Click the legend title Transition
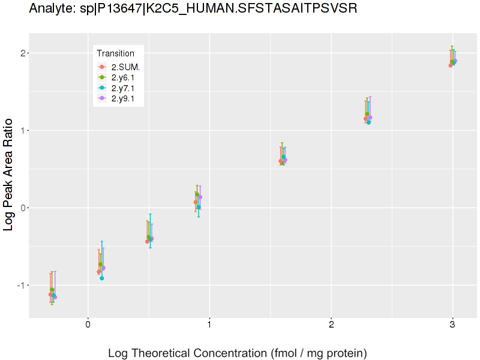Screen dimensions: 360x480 (x=116, y=53)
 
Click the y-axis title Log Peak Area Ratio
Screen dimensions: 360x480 (x=9, y=174)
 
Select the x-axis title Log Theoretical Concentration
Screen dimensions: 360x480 (x=237, y=353)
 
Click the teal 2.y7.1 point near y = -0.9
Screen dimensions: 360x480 (x=102, y=278)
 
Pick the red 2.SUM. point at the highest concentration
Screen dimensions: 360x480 (x=450, y=65)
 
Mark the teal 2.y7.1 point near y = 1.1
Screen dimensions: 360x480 (x=368, y=122)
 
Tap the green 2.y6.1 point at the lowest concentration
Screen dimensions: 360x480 (x=52, y=290)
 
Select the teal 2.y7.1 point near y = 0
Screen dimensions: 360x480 (x=199, y=208)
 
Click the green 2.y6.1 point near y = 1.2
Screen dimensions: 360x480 (x=367, y=114)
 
